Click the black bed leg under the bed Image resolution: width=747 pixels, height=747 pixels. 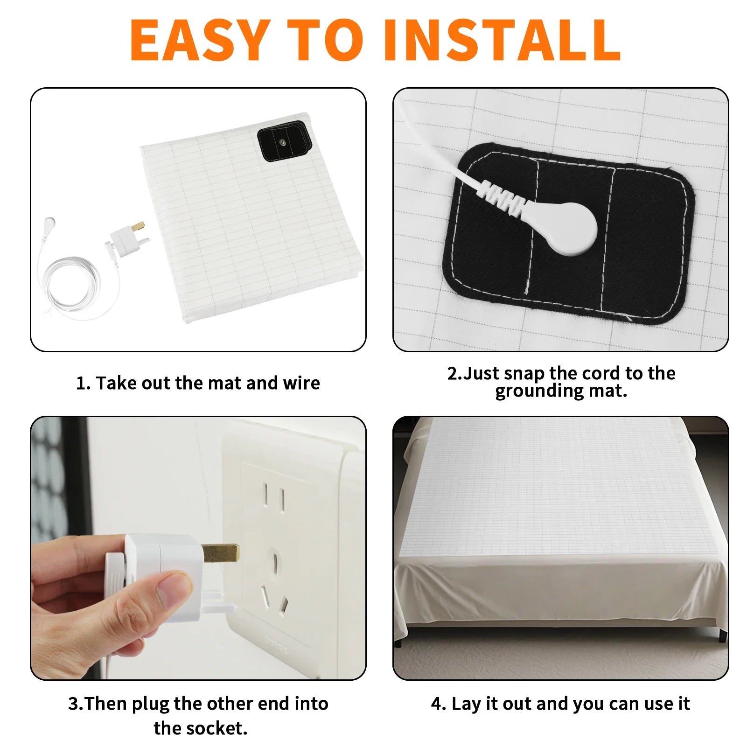(722, 634)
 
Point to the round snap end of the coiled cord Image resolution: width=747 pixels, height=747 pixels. (49, 223)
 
